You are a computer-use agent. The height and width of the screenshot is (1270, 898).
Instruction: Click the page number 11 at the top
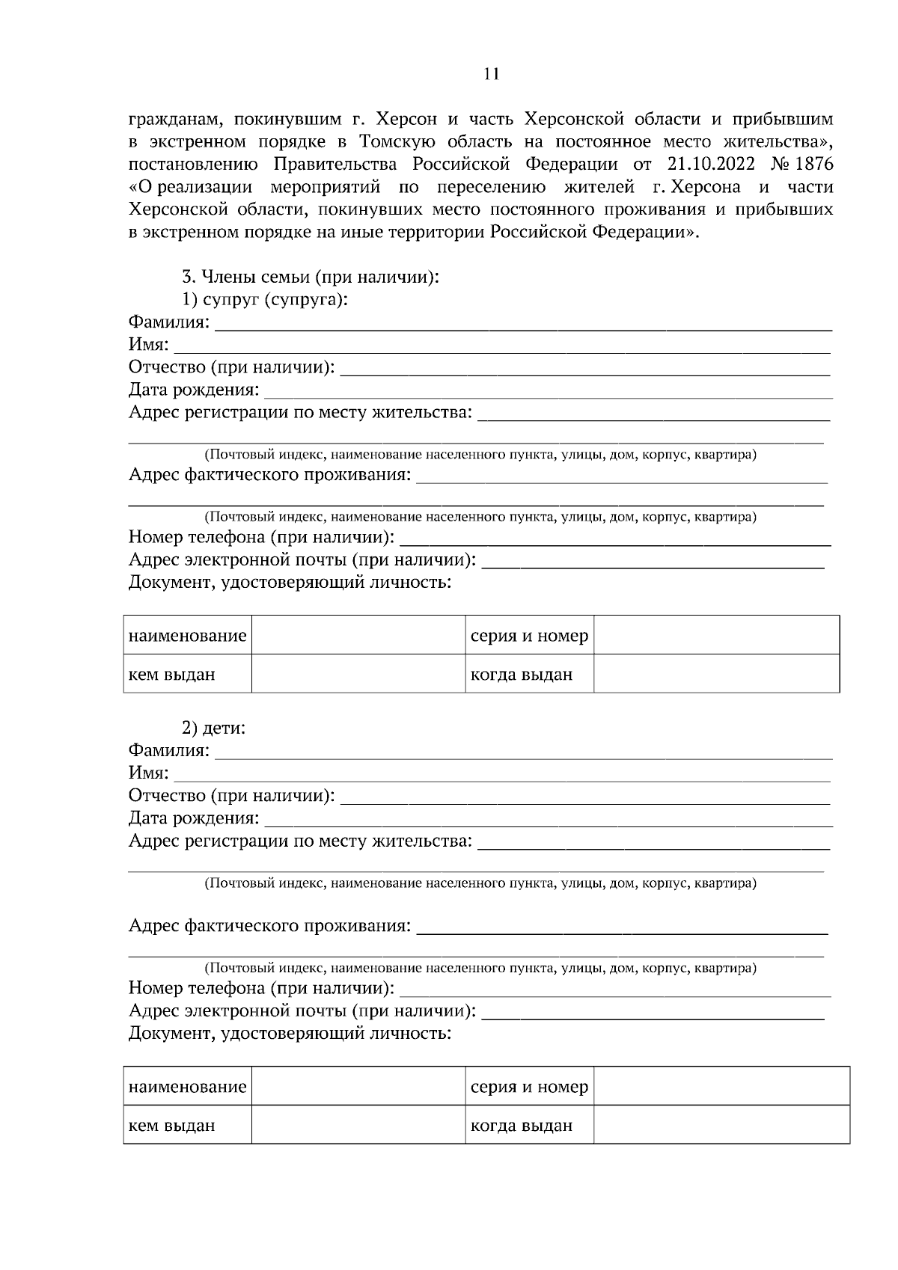[x=491, y=73]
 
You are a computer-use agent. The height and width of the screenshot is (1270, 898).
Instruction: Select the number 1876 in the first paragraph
[x=813, y=164]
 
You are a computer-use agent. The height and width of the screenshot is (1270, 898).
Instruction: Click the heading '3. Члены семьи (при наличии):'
[x=311, y=277]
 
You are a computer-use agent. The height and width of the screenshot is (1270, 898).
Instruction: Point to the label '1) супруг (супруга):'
[x=266, y=300]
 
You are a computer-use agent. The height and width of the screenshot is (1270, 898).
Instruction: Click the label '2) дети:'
[x=215, y=728]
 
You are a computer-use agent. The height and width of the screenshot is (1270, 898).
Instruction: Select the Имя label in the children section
[x=148, y=773]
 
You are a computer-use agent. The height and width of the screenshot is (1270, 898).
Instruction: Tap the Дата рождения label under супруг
[x=194, y=390]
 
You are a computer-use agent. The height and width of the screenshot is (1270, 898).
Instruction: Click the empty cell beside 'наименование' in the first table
[x=358, y=635]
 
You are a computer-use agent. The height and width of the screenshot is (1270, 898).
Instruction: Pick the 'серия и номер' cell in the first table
[x=529, y=636]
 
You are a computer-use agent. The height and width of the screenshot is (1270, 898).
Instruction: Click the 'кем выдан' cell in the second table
[x=172, y=1125]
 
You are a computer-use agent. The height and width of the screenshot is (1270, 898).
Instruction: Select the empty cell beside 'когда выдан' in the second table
[x=721, y=1124]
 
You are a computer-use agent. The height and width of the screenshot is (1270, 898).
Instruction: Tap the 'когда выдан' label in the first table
[x=521, y=675]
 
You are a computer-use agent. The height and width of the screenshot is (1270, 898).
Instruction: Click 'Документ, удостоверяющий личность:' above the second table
[x=290, y=1034]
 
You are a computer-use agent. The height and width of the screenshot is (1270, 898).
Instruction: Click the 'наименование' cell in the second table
[x=187, y=1087]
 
